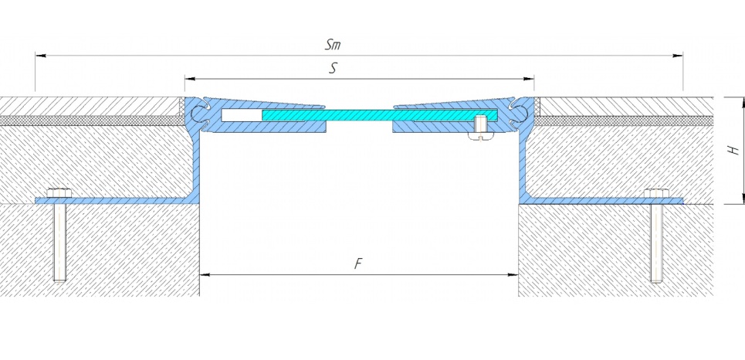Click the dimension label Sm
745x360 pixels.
[x=333, y=45]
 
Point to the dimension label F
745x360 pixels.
[x=359, y=264]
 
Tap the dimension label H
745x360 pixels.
[x=734, y=151]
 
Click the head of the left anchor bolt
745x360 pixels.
[x=59, y=193]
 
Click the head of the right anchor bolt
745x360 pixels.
[x=656, y=193]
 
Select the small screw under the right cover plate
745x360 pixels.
[x=480, y=128]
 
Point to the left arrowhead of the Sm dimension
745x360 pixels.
[x=41, y=56]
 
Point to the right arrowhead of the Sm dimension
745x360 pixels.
[x=678, y=56]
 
